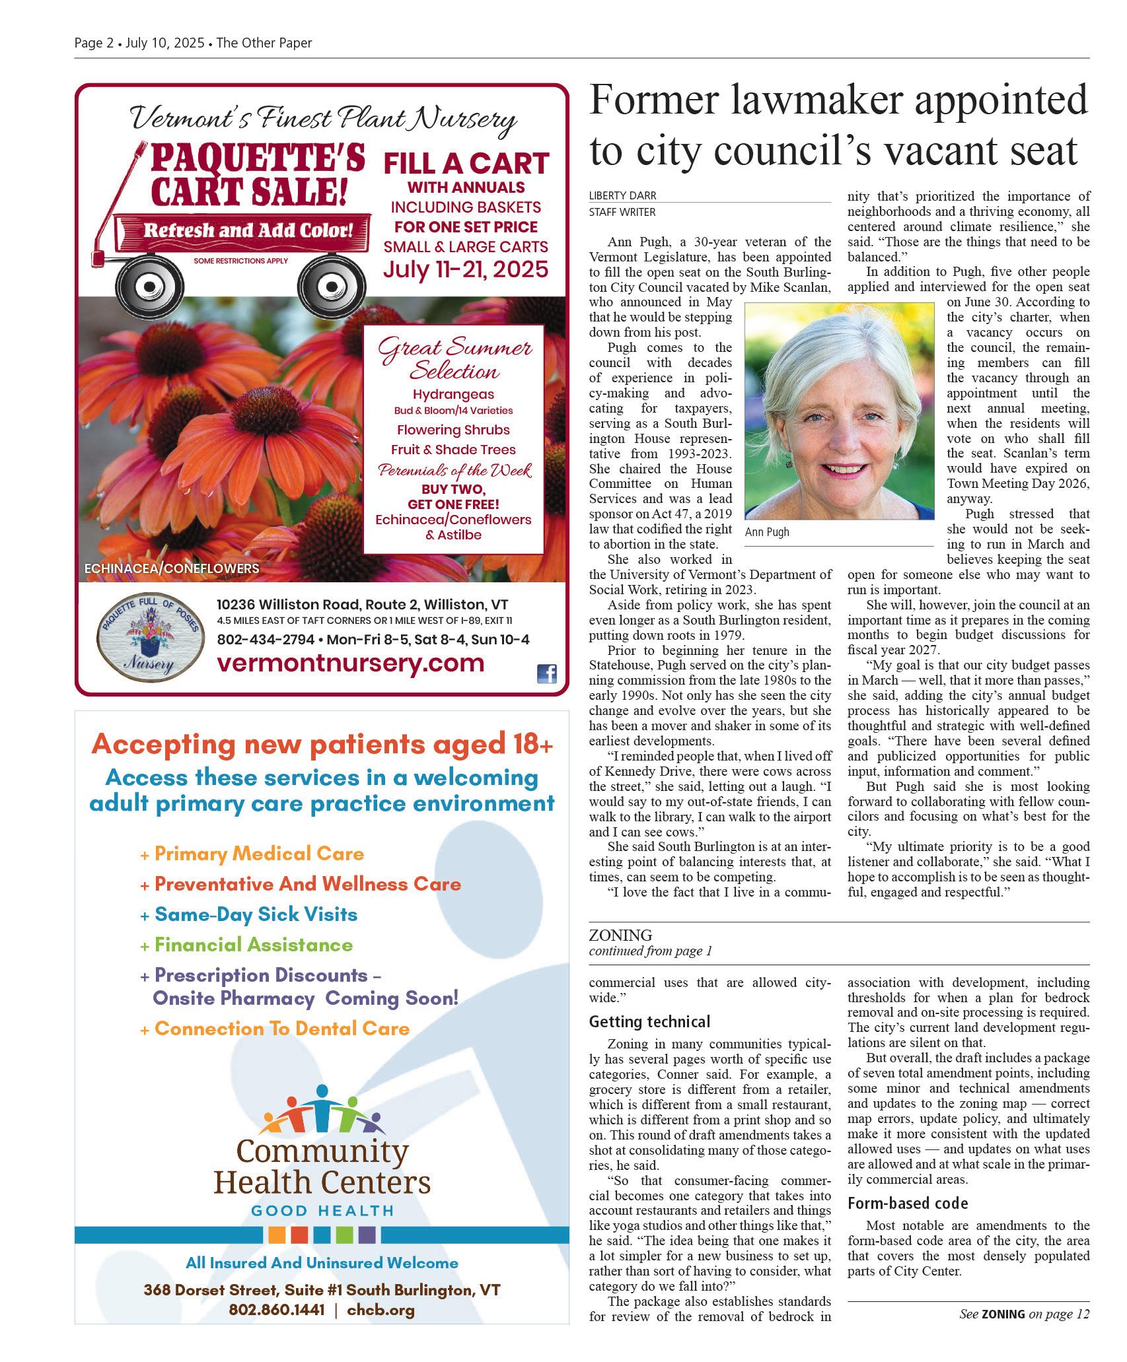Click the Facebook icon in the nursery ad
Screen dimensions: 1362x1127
coord(546,673)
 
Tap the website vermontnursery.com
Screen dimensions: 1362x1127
coord(350,663)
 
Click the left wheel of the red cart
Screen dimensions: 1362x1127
coord(149,286)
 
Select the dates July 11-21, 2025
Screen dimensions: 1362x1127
coord(466,269)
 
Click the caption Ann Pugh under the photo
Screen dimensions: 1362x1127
coord(766,532)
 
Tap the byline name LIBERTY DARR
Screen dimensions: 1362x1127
coord(622,196)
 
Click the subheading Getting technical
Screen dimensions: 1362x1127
coord(649,1022)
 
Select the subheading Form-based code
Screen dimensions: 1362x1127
coord(908,1203)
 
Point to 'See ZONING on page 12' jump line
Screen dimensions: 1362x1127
coord(1024,1314)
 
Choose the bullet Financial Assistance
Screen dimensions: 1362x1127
coord(253,945)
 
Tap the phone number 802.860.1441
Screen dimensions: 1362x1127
coord(277,1311)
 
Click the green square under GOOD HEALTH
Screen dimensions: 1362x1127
coord(344,1235)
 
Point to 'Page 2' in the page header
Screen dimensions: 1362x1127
coord(94,44)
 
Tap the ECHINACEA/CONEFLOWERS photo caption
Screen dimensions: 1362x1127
coord(172,568)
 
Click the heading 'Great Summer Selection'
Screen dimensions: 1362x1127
coord(454,359)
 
